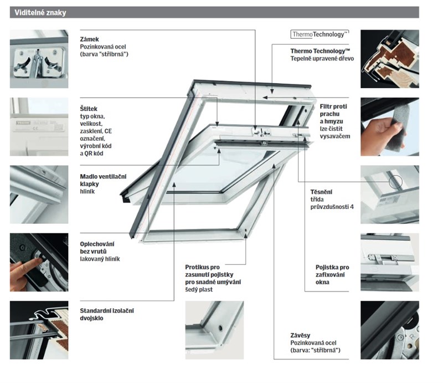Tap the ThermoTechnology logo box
tap(319, 34)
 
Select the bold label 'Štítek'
tap(89, 109)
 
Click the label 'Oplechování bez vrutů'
tap(100, 247)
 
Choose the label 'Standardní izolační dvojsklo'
tap(107, 314)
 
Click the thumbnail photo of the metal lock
tap(39, 59)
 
